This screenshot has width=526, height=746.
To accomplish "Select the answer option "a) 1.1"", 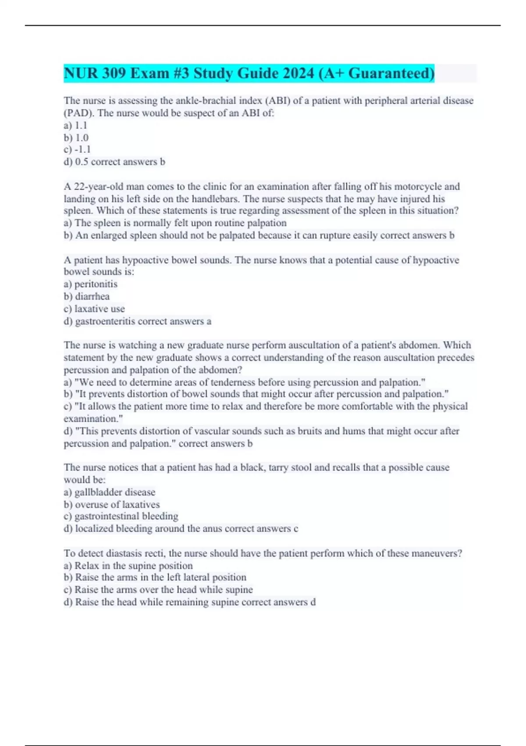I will point(75,126).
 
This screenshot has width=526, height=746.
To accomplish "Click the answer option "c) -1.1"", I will point(77,150).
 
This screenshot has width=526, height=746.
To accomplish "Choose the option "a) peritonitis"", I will point(91,284).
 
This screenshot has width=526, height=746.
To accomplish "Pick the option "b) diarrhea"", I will point(87,297).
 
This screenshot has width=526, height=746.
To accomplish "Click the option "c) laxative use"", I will point(94,309).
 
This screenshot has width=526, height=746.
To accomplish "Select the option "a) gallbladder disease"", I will point(110,492).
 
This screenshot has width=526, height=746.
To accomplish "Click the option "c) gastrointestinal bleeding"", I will point(121,516).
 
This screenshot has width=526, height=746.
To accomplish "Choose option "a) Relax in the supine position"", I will point(128,566).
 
